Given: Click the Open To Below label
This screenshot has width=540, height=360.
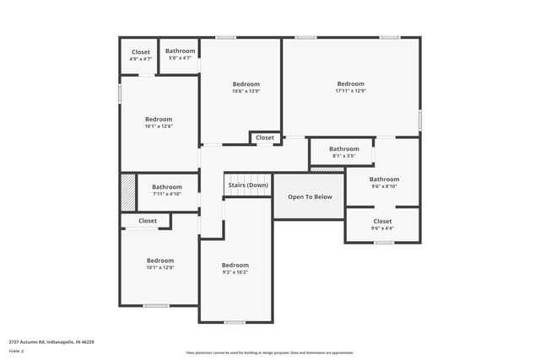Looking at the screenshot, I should [310, 197].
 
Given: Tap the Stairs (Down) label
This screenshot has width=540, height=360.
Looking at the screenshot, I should [248, 185].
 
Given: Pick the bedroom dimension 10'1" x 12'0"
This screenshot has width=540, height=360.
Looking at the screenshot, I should [159, 269].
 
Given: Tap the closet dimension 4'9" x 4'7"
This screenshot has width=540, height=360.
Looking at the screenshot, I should [140, 59].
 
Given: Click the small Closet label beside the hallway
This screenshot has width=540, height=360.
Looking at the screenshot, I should [265, 137].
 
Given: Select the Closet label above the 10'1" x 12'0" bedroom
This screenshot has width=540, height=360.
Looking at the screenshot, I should [148, 221].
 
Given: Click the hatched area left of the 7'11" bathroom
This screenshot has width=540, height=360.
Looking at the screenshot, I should [127, 193].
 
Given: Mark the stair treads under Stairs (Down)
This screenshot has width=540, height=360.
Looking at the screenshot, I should [247, 193].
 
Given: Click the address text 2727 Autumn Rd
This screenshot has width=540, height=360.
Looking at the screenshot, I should [51, 342].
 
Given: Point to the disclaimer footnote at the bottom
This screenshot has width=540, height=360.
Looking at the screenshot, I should [270, 352].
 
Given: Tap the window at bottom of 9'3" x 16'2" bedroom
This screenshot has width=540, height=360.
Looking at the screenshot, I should [235, 322].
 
